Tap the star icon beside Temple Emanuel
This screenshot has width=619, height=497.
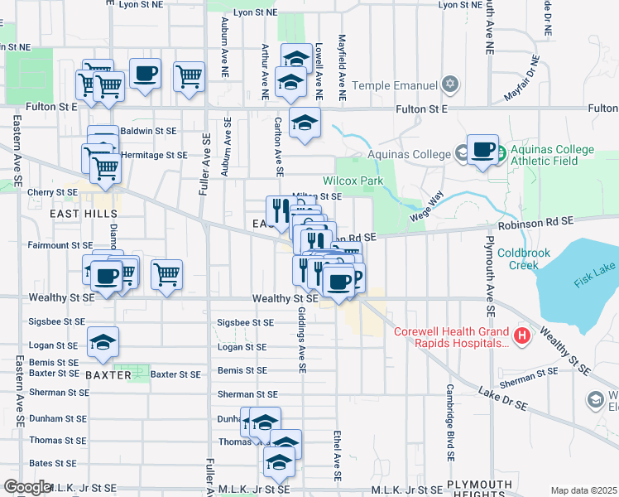[450, 84]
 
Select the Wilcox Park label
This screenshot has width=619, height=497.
[353, 181]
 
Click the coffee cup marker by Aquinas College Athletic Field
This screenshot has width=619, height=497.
[482, 150]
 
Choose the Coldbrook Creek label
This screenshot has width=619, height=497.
[518, 259]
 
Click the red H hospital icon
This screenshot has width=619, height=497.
[522, 336]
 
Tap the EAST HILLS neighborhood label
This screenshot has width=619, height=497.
[83, 214]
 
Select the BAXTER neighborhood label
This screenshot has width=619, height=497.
[108, 375]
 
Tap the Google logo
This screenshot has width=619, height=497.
[27, 487]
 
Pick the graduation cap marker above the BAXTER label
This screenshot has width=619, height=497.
[103, 341]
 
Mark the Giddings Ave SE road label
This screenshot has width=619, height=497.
[303, 331]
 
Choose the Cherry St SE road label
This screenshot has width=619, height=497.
[52, 192]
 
